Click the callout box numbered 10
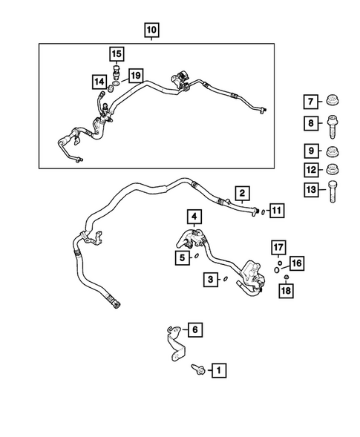tap(151, 30)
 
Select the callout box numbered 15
tap(117, 53)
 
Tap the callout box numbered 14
tap(99, 81)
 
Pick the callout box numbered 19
tap(134, 75)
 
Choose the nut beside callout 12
tap(332, 171)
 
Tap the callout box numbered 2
tap(242, 194)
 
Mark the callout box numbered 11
tap(276, 211)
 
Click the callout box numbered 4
tap(194, 217)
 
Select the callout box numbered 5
tap(181, 258)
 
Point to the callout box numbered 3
tap(212, 279)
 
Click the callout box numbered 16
tap(295, 263)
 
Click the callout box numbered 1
tap(219, 368)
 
